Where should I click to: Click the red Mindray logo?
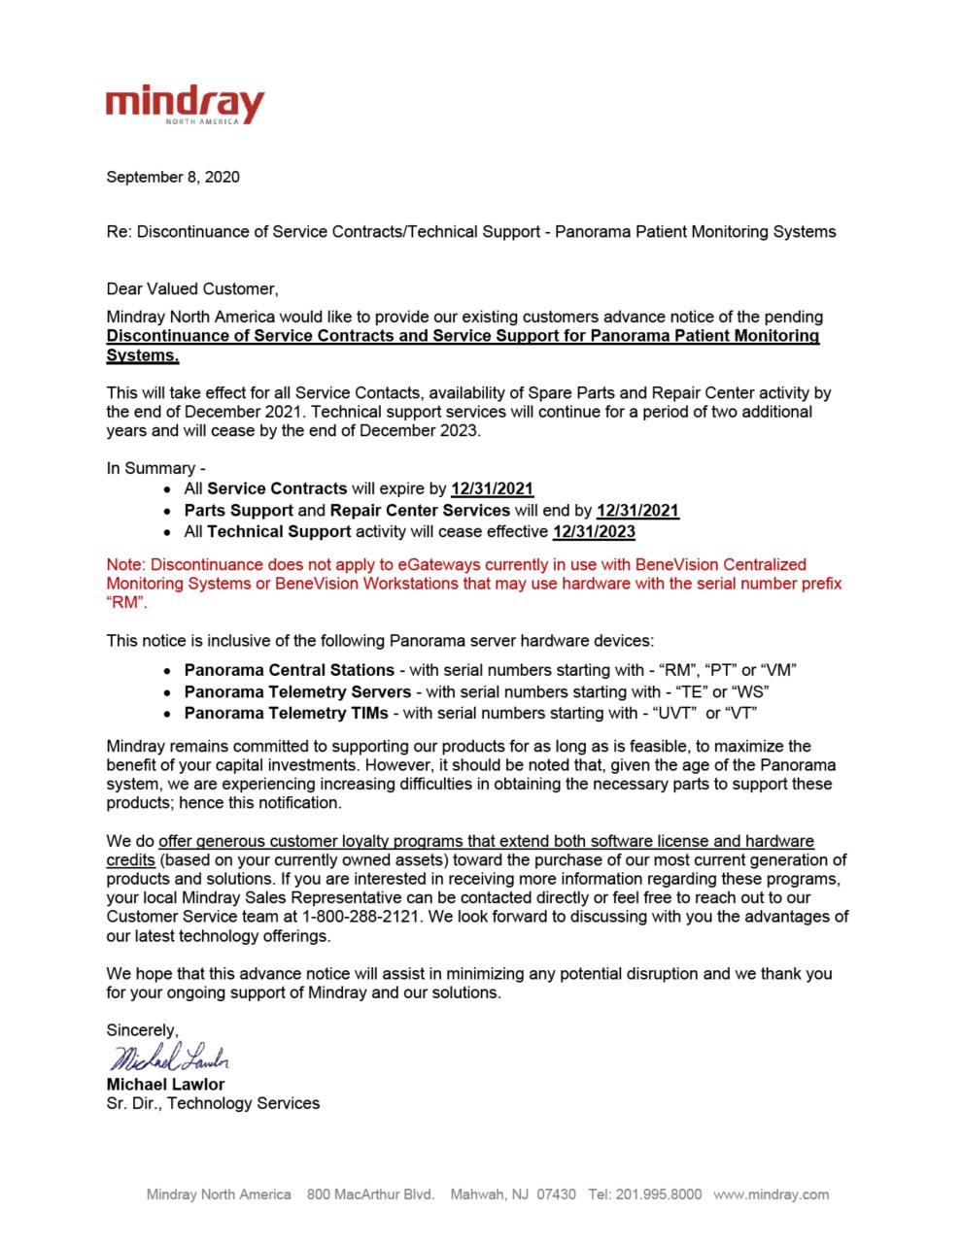point(185,104)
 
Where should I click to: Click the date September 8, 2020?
point(173,177)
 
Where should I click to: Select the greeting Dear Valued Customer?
point(192,288)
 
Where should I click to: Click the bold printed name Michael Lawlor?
point(165,1084)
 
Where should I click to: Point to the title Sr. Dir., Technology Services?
point(213,1103)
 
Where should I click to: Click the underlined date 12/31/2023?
point(594,531)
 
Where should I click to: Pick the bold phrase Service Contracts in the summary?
point(277,488)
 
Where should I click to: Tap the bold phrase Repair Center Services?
point(420,510)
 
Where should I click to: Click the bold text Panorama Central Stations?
point(289,670)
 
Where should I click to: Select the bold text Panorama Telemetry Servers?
point(297,691)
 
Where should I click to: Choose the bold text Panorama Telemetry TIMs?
point(286,713)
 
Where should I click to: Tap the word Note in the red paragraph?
point(123,564)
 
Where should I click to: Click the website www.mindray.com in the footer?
point(771,1194)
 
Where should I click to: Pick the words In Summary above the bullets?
point(151,468)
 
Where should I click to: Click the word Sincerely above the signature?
point(142,1030)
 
